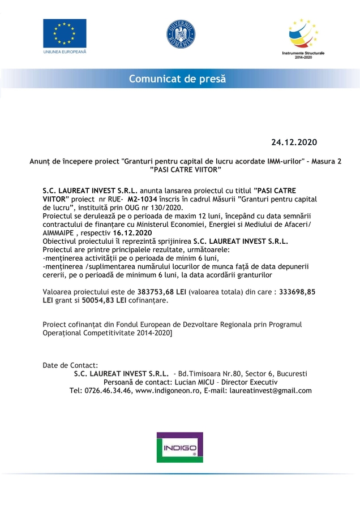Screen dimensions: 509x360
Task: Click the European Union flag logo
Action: (x=65, y=33)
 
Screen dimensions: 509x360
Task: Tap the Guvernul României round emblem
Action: (x=181, y=34)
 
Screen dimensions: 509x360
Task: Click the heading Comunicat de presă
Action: (x=177, y=79)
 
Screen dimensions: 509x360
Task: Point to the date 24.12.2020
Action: (x=294, y=141)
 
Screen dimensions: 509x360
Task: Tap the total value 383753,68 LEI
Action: (x=161, y=292)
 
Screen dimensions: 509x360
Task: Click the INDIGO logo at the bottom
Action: (x=179, y=447)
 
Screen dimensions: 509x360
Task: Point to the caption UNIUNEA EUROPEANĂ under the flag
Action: (x=65, y=51)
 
